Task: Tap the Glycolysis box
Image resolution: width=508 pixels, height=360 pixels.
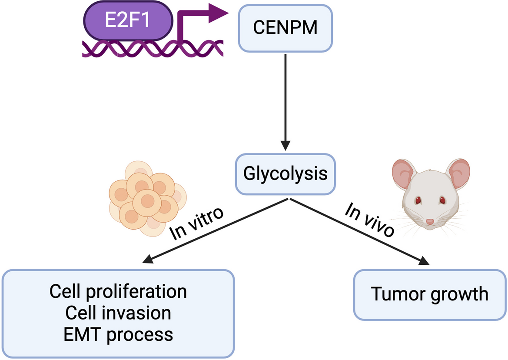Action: (285, 174)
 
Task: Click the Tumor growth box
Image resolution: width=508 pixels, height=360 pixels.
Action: (430, 294)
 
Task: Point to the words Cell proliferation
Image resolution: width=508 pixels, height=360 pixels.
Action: (118, 291)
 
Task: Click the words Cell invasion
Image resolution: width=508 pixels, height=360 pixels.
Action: (118, 313)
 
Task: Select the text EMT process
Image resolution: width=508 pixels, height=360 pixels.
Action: (118, 334)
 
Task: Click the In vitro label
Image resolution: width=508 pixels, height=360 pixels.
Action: (196, 224)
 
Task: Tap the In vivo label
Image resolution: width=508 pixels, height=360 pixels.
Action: (370, 220)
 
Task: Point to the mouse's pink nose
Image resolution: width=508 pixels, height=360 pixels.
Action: (430, 222)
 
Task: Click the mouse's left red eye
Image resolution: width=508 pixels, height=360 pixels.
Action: (418, 200)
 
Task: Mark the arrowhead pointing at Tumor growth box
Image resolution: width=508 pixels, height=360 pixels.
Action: (424, 261)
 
